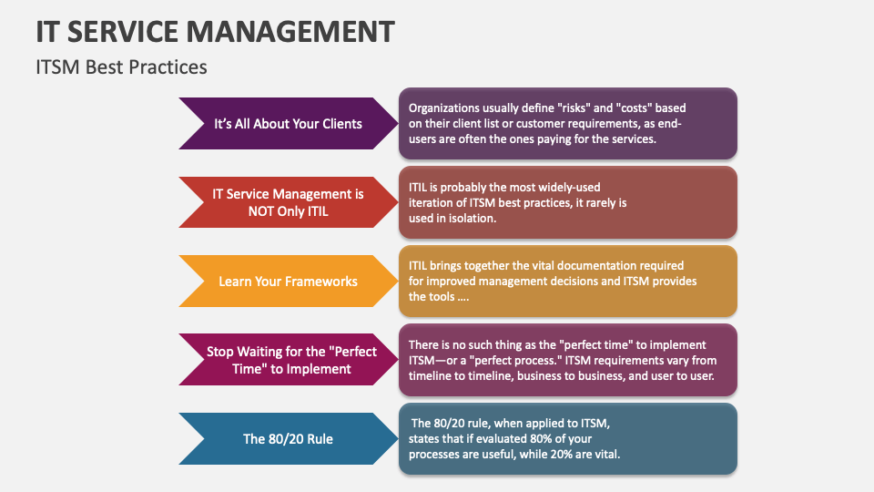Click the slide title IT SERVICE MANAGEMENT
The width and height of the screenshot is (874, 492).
pos(216,31)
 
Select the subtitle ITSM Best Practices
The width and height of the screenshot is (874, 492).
pos(121,67)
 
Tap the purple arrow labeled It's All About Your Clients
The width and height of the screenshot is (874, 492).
pos(288,123)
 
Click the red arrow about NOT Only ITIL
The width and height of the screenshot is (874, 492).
pos(288,202)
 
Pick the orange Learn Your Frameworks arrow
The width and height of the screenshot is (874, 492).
pos(288,282)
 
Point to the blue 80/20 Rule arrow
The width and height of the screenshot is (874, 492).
pos(288,439)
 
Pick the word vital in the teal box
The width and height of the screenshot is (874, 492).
pos(604,455)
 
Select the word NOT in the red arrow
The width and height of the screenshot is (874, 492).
pos(262,210)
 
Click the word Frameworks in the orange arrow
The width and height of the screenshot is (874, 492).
pos(320,282)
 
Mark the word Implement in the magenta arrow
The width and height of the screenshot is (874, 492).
pos(319,368)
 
